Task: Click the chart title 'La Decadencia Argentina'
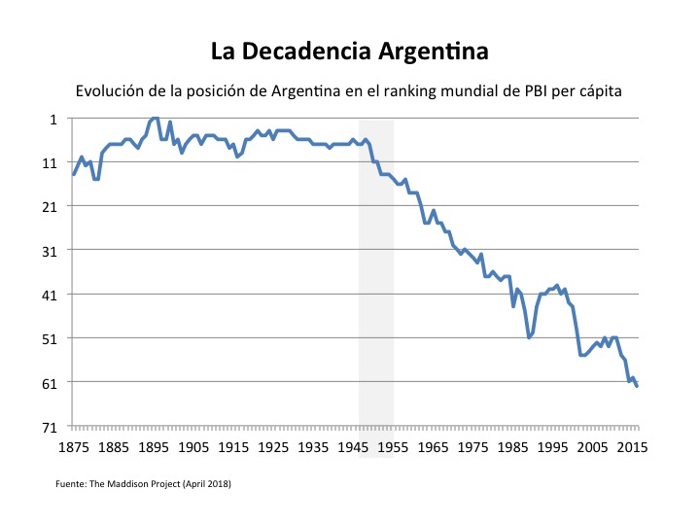coord(350,50)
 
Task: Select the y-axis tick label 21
coord(50,206)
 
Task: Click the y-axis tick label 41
coord(50,295)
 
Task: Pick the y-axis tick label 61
coord(50,382)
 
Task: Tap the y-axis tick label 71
coord(50,426)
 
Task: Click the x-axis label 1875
coord(74,448)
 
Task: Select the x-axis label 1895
coord(154,448)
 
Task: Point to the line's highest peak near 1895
coord(155,118)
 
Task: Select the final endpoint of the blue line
coord(637,386)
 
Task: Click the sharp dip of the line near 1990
coord(529,337)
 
